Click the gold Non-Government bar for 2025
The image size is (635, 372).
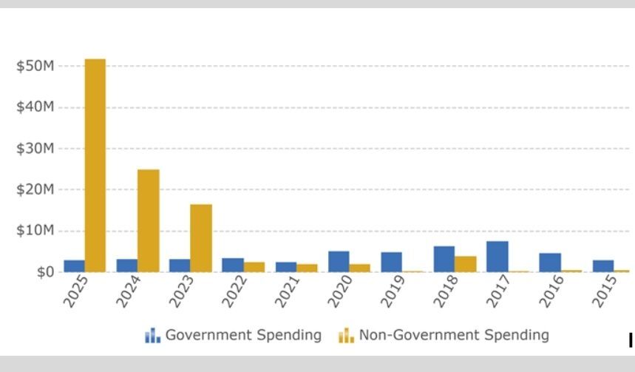(95, 165)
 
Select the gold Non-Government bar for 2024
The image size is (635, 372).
(148, 220)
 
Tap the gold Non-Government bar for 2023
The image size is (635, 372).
(201, 238)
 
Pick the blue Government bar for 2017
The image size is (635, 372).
(498, 257)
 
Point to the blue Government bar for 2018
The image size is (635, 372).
(444, 259)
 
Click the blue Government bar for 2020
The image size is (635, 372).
(339, 261)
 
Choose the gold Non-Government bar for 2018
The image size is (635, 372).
(466, 264)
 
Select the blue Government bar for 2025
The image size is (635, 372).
(74, 266)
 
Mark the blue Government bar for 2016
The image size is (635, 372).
(550, 263)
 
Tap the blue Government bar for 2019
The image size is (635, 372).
(391, 262)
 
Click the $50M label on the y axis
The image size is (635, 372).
(35, 67)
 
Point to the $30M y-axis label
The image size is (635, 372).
(35, 149)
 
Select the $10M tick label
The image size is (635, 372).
(35, 231)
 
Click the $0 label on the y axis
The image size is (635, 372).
(44, 272)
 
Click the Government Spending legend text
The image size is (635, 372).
(243, 335)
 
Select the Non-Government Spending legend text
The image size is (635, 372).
(454, 335)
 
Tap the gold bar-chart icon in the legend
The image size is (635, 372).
(346, 337)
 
